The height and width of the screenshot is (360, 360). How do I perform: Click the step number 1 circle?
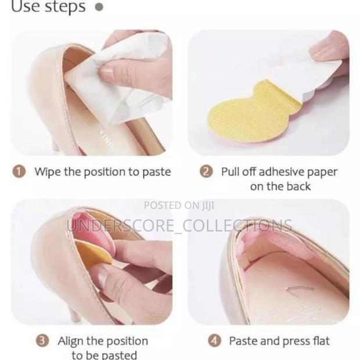(x=20, y=172)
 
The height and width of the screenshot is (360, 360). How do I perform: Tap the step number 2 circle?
(x=206, y=172)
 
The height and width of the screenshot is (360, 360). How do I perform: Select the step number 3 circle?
(x=42, y=341)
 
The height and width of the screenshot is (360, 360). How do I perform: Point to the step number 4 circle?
(x=215, y=341)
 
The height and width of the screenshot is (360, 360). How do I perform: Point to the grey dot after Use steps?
(x=99, y=7)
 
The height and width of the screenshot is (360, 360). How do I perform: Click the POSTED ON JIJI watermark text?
(x=179, y=205)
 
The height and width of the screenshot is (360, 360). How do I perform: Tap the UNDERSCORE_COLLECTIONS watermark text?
(x=179, y=225)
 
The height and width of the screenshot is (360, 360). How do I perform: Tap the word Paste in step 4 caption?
(x=244, y=341)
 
